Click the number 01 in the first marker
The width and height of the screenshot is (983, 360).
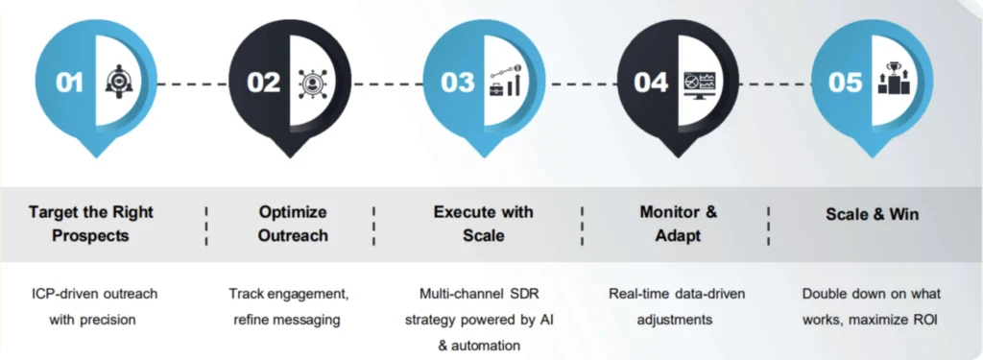click(x=69, y=83)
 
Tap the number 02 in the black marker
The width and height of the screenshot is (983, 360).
click(x=263, y=83)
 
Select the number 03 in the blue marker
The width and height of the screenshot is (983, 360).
click(x=458, y=83)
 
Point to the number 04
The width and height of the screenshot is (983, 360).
click(x=652, y=83)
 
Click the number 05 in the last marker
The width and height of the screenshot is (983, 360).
click(x=845, y=83)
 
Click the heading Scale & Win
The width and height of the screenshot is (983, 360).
click(x=872, y=214)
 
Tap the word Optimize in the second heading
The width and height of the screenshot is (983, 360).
click(x=293, y=212)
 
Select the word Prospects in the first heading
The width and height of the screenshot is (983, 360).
click(x=90, y=236)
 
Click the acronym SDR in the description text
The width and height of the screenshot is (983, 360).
click(x=530, y=293)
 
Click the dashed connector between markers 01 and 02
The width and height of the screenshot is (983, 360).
click(x=192, y=84)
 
